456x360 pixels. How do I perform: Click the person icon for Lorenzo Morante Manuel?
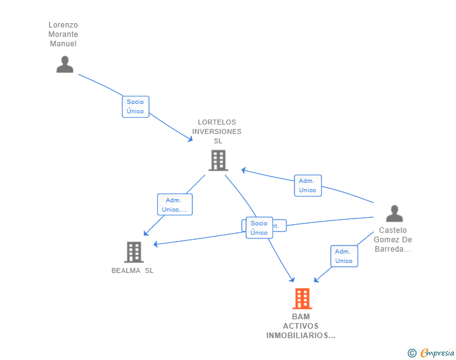pos(65,64)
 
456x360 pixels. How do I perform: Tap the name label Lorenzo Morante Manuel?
pos(63,34)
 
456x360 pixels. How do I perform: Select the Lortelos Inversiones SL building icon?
pos(217,160)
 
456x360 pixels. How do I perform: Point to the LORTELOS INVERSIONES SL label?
pos(217,131)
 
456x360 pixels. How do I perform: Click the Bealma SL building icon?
pos(133,252)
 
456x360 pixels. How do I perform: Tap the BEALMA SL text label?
pos(132,270)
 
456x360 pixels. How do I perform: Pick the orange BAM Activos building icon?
pos(302,299)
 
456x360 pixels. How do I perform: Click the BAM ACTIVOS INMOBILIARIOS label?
pos(301,326)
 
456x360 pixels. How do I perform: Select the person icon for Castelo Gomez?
pos(394,213)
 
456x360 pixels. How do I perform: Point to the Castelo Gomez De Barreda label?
pos(393,240)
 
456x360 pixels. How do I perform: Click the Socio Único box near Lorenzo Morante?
pos(135,106)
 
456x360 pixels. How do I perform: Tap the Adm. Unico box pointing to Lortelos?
pos(308,185)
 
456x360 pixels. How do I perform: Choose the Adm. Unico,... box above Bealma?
pos(174,205)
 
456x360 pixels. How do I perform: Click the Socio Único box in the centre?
pos(259,228)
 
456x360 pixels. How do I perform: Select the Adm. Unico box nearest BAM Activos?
pos(344,256)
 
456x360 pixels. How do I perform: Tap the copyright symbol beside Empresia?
pos(412,353)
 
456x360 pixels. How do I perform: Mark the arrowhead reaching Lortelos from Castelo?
pos(244,170)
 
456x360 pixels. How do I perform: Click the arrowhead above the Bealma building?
pos(145,234)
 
